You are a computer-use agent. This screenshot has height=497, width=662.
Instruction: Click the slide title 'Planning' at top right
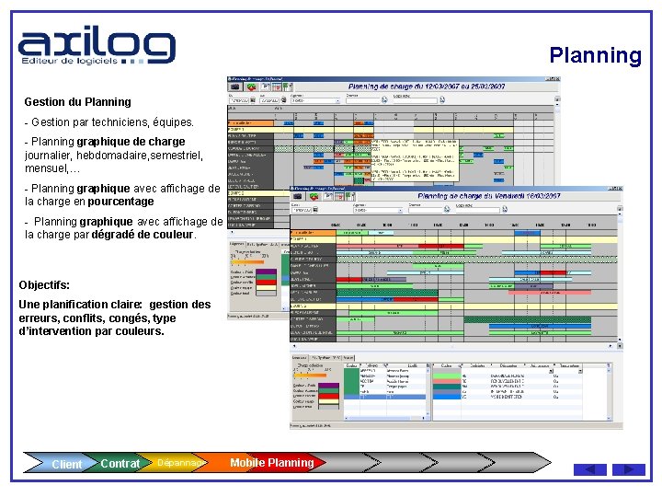coord(595,55)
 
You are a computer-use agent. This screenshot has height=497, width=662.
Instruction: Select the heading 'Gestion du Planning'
coord(77,102)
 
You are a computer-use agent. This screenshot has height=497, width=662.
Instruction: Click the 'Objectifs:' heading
coord(44,285)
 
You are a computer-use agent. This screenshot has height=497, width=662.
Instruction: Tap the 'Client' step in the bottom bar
coord(66,464)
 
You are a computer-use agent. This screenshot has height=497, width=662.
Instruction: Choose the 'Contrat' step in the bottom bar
coord(120,464)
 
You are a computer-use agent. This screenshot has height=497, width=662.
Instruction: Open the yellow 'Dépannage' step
coord(179,463)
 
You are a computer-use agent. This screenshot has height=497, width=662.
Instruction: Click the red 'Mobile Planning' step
coord(271,463)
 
